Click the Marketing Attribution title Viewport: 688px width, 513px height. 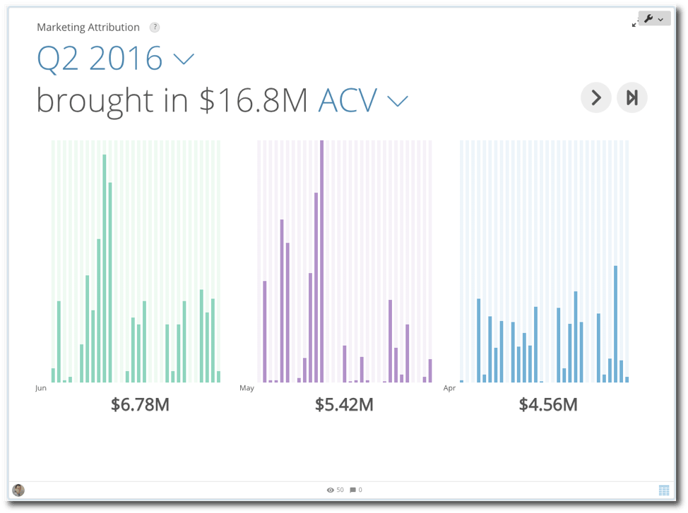pyautogui.click(x=88, y=28)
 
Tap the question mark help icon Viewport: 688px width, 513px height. pyautogui.click(x=155, y=28)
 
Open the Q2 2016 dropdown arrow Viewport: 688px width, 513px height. pyautogui.click(x=184, y=59)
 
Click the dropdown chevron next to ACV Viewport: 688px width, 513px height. pyautogui.click(x=398, y=102)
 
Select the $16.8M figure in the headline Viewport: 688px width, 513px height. pyautogui.click(x=254, y=100)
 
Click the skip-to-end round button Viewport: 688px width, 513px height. pyautogui.click(x=631, y=97)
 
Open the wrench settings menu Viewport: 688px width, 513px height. pyautogui.click(x=654, y=19)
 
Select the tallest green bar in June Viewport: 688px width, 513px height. pyautogui.click(x=105, y=268)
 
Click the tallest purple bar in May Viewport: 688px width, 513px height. pyautogui.click(x=321, y=261)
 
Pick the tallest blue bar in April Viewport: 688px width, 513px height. pyautogui.click(x=616, y=324)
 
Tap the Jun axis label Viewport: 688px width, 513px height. pyautogui.click(x=41, y=388)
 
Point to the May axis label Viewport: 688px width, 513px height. pyautogui.click(x=247, y=388)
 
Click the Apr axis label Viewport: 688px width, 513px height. pyautogui.click(x=449, y=388)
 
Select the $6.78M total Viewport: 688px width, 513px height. pyautogui.click(x=140, y=405)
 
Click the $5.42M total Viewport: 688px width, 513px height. pyautogui.click(x=344, y=405)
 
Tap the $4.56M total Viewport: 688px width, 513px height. pyautogui.click(x=548, y=405)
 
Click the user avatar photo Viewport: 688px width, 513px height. pyautogui.click(x=18, y=490)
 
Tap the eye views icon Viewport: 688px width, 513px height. pyautogui.click(x=331, y=490)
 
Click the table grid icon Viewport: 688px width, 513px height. pyautogui.click(x=664, y=490)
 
